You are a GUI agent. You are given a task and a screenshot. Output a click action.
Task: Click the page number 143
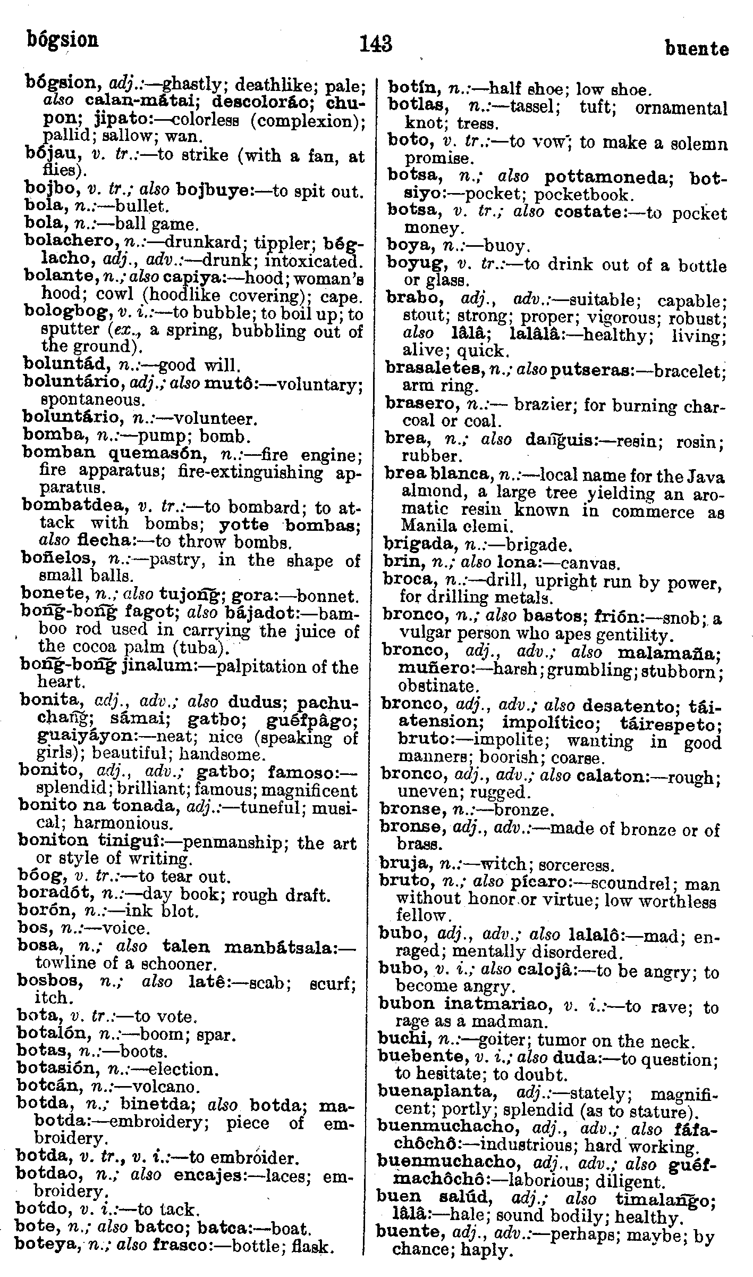click(376, 43)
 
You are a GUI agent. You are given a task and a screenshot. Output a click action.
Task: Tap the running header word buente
click(697, 49)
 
